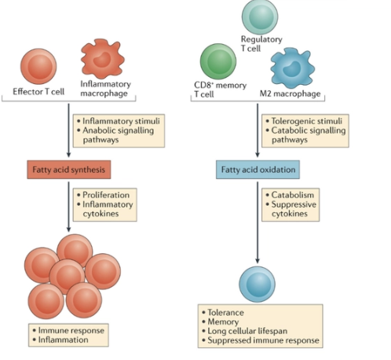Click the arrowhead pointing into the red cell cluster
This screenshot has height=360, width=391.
pos(70,229)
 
